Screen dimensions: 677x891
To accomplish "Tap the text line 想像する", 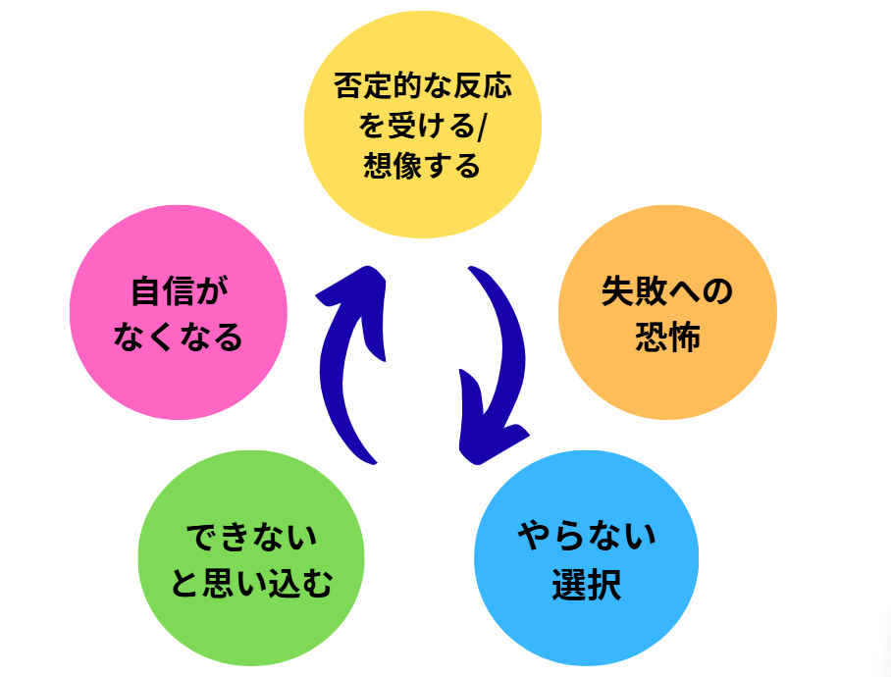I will click(423, 166).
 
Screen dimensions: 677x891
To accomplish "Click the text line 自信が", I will click(179, 292).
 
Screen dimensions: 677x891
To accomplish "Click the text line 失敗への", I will click(667, 292).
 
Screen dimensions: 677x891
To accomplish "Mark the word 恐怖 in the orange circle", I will click(667, 338).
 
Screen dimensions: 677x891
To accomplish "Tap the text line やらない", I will click(587, 537).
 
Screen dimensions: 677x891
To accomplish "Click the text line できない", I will click(252, 538).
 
